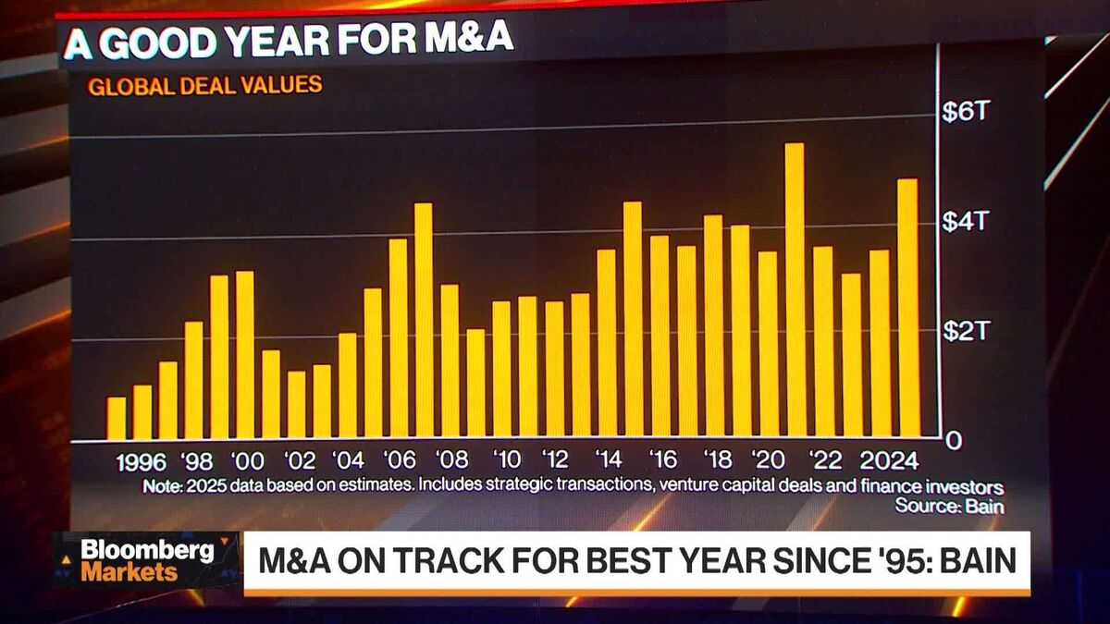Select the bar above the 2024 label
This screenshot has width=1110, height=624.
click(880, 343)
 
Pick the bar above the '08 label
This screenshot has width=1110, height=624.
click(450, 361)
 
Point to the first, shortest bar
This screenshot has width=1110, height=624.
click(117, 418)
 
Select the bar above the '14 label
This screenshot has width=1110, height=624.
click(607, 343)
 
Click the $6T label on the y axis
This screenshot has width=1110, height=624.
click(966, 113)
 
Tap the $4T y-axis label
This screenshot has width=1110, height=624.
click(966, 222)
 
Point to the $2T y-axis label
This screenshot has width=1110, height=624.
click(966, 331)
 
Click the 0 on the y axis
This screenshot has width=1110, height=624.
click(953, 441)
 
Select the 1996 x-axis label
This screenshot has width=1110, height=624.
click(142, 461)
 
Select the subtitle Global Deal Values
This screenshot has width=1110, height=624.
click(204, 86)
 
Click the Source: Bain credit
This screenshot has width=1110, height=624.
click(949, 506)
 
